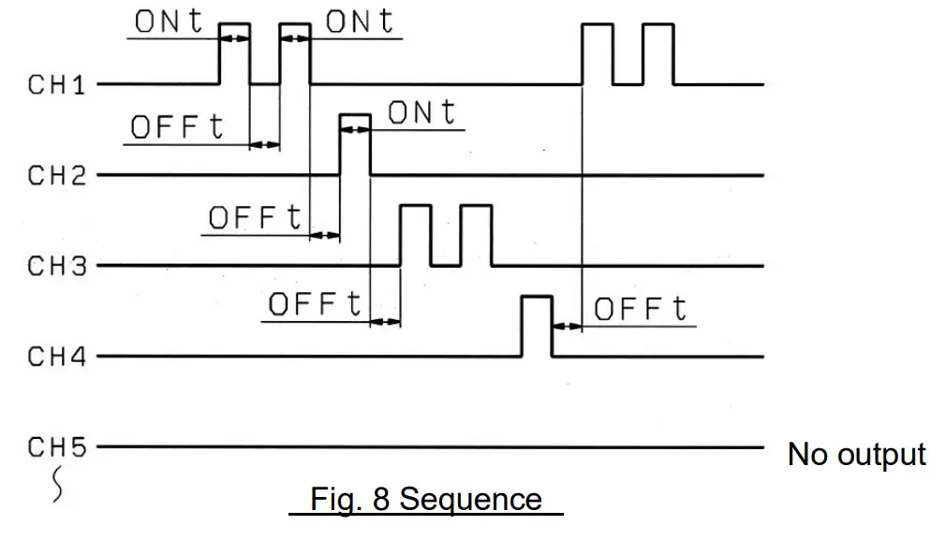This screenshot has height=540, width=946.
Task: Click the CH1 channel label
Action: pyautogui.click(x=56, y=85)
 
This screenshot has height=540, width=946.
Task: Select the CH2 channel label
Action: pyautogui.click(x=56, y=175)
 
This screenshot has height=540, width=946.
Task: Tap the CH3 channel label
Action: pyautogui.click(x=56, y=266)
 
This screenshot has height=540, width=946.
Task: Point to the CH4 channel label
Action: pyautogui.click(x=56, y=357)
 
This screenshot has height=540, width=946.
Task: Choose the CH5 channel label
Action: pyautogui.click(x=56, y=447)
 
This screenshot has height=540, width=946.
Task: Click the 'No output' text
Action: pyautogui.click(x=856, y=455)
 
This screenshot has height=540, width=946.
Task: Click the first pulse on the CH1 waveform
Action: pyautogui.click(x=234, y=53)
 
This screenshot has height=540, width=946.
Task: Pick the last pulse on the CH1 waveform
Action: pyautogui.click(x=658, y=53)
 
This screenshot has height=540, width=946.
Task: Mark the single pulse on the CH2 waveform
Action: pyautogui.click(x=355, y=143)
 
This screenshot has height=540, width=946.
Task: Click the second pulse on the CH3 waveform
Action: pyautogui.click(x=476, y=234)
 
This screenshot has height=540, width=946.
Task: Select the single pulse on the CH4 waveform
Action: pyautogui.click(x=537, y=325)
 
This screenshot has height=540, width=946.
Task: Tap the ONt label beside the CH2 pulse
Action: pyautogui.click(x=421, y=113)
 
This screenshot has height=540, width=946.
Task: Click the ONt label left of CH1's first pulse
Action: pyautogui.click(x=170, y=22)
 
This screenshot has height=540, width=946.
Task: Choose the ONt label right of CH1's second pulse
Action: pyautogui.click(x=361, y=22)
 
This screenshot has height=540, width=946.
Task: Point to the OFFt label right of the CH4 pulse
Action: pyautogui.click(x=641, y=309)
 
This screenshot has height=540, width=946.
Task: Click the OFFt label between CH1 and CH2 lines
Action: pyautogui.click(x=178, y=127)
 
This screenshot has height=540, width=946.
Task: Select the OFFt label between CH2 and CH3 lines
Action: pyautogui.click(x=256, y=218)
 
